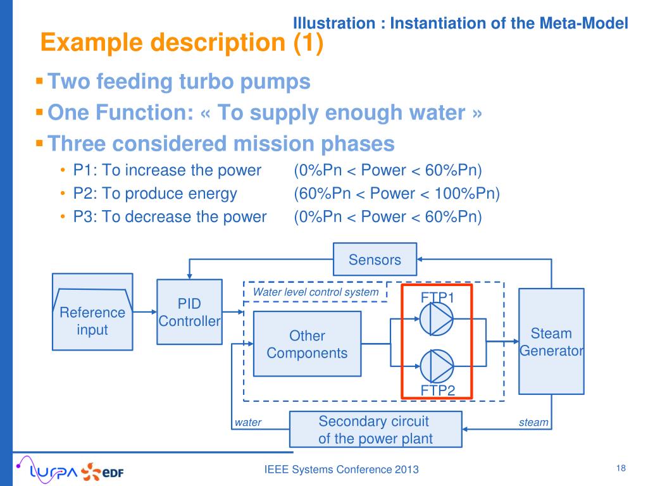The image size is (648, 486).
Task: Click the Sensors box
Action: tap(375, 259)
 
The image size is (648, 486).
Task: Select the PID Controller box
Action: tap(189, 312)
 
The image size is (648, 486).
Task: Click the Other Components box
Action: tap(307, 344)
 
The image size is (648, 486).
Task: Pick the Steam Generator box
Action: tap(551, 341)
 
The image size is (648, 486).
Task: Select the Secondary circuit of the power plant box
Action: tap(375, 430)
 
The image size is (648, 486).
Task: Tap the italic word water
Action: tap(248, 422)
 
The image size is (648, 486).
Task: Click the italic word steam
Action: tap(533, 422)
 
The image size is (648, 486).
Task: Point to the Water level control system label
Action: tap(316, 292)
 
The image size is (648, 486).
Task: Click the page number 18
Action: tap(620, 468)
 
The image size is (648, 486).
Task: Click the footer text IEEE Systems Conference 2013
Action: tap(341, 469)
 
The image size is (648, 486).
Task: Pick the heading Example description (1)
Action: tap(182, 43)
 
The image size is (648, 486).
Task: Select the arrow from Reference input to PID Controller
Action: tap(145, 312)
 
